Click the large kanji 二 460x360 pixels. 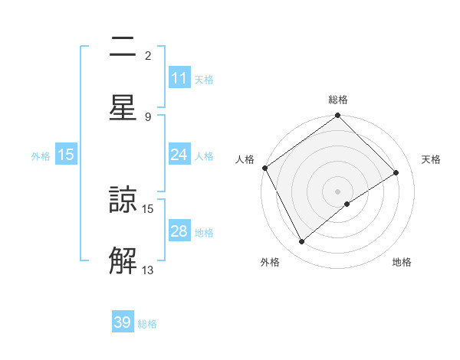[x=123, y=47]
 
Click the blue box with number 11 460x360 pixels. [x=179, y=78]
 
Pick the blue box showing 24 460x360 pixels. [x=179, y=155]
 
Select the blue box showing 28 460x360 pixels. [x=179, y=231]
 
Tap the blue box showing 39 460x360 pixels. [x=123, y=322]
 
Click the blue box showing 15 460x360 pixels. [x=66, y=155]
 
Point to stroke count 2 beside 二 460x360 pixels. [x=148, y=55]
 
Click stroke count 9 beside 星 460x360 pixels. [x=148, y=116]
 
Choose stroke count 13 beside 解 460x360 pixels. [x=148, y=270]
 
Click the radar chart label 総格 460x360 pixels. [x=338, y=100]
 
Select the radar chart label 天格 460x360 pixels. [x=431, y=159]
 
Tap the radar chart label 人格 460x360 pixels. [x=245, y=159]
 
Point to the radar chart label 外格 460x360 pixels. [x=270, y=262]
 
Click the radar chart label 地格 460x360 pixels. [x=402, y=262]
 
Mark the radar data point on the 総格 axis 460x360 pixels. [x=338, y=116]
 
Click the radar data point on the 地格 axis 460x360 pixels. [x=347, y=204]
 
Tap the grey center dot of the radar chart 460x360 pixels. [x=338, y=191]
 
